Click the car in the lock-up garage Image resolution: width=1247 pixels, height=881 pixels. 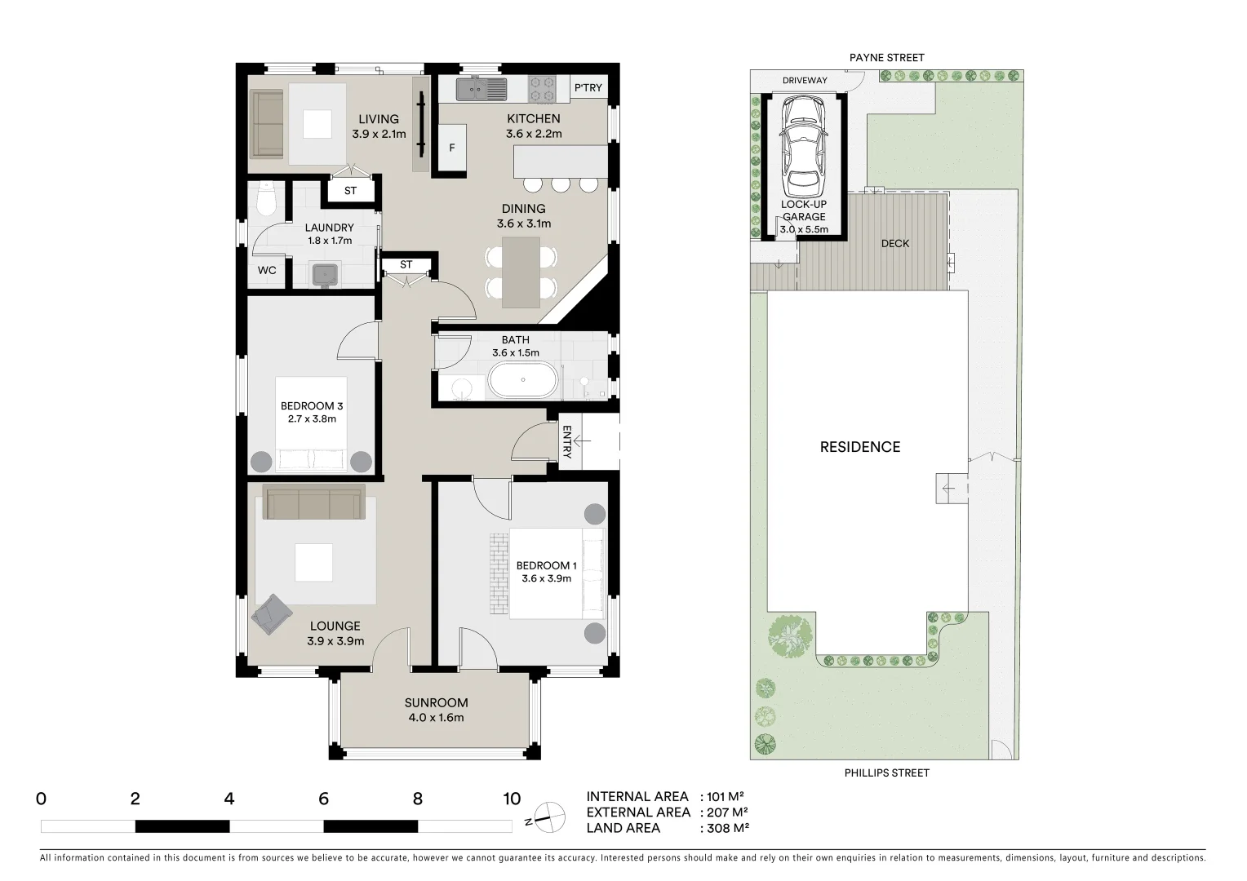coord(804,145)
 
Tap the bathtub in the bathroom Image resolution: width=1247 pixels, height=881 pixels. coord(523,381)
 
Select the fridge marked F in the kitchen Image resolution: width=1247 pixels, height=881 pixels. coord(452,148)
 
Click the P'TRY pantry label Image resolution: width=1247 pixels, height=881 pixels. coord(588,88)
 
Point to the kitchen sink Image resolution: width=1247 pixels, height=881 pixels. coord(481,88)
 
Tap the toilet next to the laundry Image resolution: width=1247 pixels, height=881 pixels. coord(266,199)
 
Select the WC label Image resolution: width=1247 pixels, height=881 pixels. coord(267,270)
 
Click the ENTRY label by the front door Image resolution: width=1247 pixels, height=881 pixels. coord(566,441)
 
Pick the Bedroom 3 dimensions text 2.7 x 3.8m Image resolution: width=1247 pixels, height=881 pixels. coord(312,419)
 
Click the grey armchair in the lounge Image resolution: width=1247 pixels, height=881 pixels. coord(272,613)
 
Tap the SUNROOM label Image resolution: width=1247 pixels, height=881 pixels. coord(436,702)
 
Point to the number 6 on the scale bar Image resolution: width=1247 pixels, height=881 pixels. coord(323,799)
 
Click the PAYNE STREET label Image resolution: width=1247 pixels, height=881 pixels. coord(886,58)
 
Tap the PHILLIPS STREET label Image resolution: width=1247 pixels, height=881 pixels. coord(886,773)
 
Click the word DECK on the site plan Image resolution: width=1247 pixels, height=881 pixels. coord(894,244)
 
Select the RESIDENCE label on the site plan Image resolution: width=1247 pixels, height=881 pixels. coord(859,447)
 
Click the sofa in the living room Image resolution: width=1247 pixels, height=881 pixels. coord(267,125)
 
